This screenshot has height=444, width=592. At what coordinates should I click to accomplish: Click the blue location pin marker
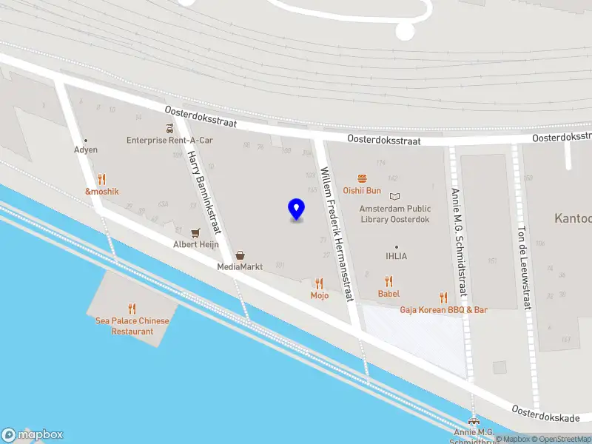click(x=296, y=209)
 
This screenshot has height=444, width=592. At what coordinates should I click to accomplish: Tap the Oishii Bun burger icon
click(x=362, y=178)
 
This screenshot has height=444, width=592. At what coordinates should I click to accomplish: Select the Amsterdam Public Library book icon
click(x=394, y=197)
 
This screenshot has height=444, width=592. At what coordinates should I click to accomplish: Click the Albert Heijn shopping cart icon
click(x=195, y=232)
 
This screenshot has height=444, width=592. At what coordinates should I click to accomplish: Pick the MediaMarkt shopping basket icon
click(x=240, y=255)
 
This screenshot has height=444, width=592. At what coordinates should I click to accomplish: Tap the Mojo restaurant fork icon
click(x=319, y=283)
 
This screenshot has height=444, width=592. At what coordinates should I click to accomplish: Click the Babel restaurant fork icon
click(x=388, y=281)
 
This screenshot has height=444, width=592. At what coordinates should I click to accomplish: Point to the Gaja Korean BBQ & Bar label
click(x=444, y=310)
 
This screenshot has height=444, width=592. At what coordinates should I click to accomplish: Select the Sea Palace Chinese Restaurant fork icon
click(x=132, y=309)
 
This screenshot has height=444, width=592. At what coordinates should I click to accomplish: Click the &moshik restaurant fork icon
click(x=101, y=179)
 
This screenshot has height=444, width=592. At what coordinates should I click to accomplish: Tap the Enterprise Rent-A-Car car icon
click(x=169, y=128)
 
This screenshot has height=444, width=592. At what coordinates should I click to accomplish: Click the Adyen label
click(x=86, y=149)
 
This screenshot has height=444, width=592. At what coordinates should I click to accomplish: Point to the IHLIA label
click(x=396, y=256)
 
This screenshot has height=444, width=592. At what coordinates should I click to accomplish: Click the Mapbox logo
click(x=33, y=435)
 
